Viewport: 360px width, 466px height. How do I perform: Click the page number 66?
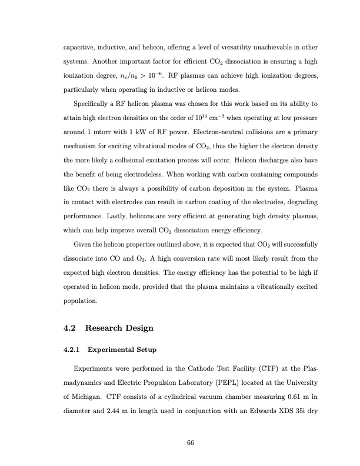tap(190, 442)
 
